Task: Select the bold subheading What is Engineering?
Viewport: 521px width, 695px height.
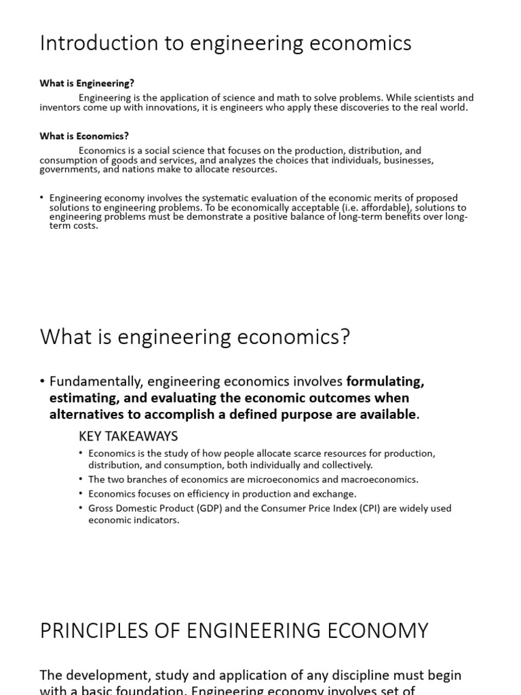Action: pyautogui.click(x=87, y=83)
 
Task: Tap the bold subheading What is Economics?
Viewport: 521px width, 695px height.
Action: pyautogui.click(x=84, y=136)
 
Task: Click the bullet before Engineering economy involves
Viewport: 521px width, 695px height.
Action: pyautogui.click(x=42, y=198)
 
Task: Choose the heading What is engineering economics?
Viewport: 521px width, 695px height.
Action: pyautogui.click(x=195, y=337)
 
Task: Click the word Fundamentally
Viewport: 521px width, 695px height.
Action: pyautogui.click(x=96, y=381)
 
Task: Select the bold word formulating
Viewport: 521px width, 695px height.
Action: pyautogui.click(x=385, y=381)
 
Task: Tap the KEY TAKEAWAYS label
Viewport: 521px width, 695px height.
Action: pyautogui.click(x=128, y=436)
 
